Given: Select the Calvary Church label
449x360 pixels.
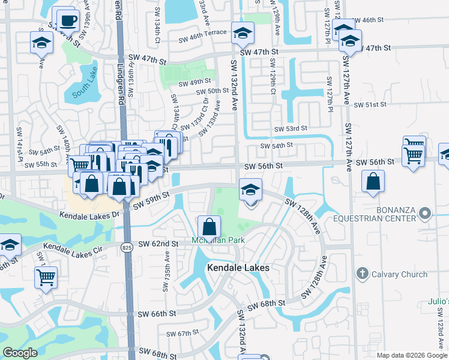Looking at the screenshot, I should click(x=399, y=274).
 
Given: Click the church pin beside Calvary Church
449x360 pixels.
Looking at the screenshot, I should click(x=361, y=274).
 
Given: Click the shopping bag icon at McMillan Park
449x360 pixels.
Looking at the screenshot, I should click(x=209, y=226).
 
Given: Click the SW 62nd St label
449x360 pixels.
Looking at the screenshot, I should click(x=159, y=244).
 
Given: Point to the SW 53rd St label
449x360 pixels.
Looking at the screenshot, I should click(x=291, y=128).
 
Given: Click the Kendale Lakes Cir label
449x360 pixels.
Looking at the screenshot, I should click(x=70, y=247).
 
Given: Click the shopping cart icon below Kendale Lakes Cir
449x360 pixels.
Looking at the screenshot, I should click(x=46, y=277).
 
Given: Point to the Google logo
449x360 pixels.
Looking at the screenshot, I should click(x=20, y=353).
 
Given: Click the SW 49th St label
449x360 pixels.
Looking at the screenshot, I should click(x=195, y=82).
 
